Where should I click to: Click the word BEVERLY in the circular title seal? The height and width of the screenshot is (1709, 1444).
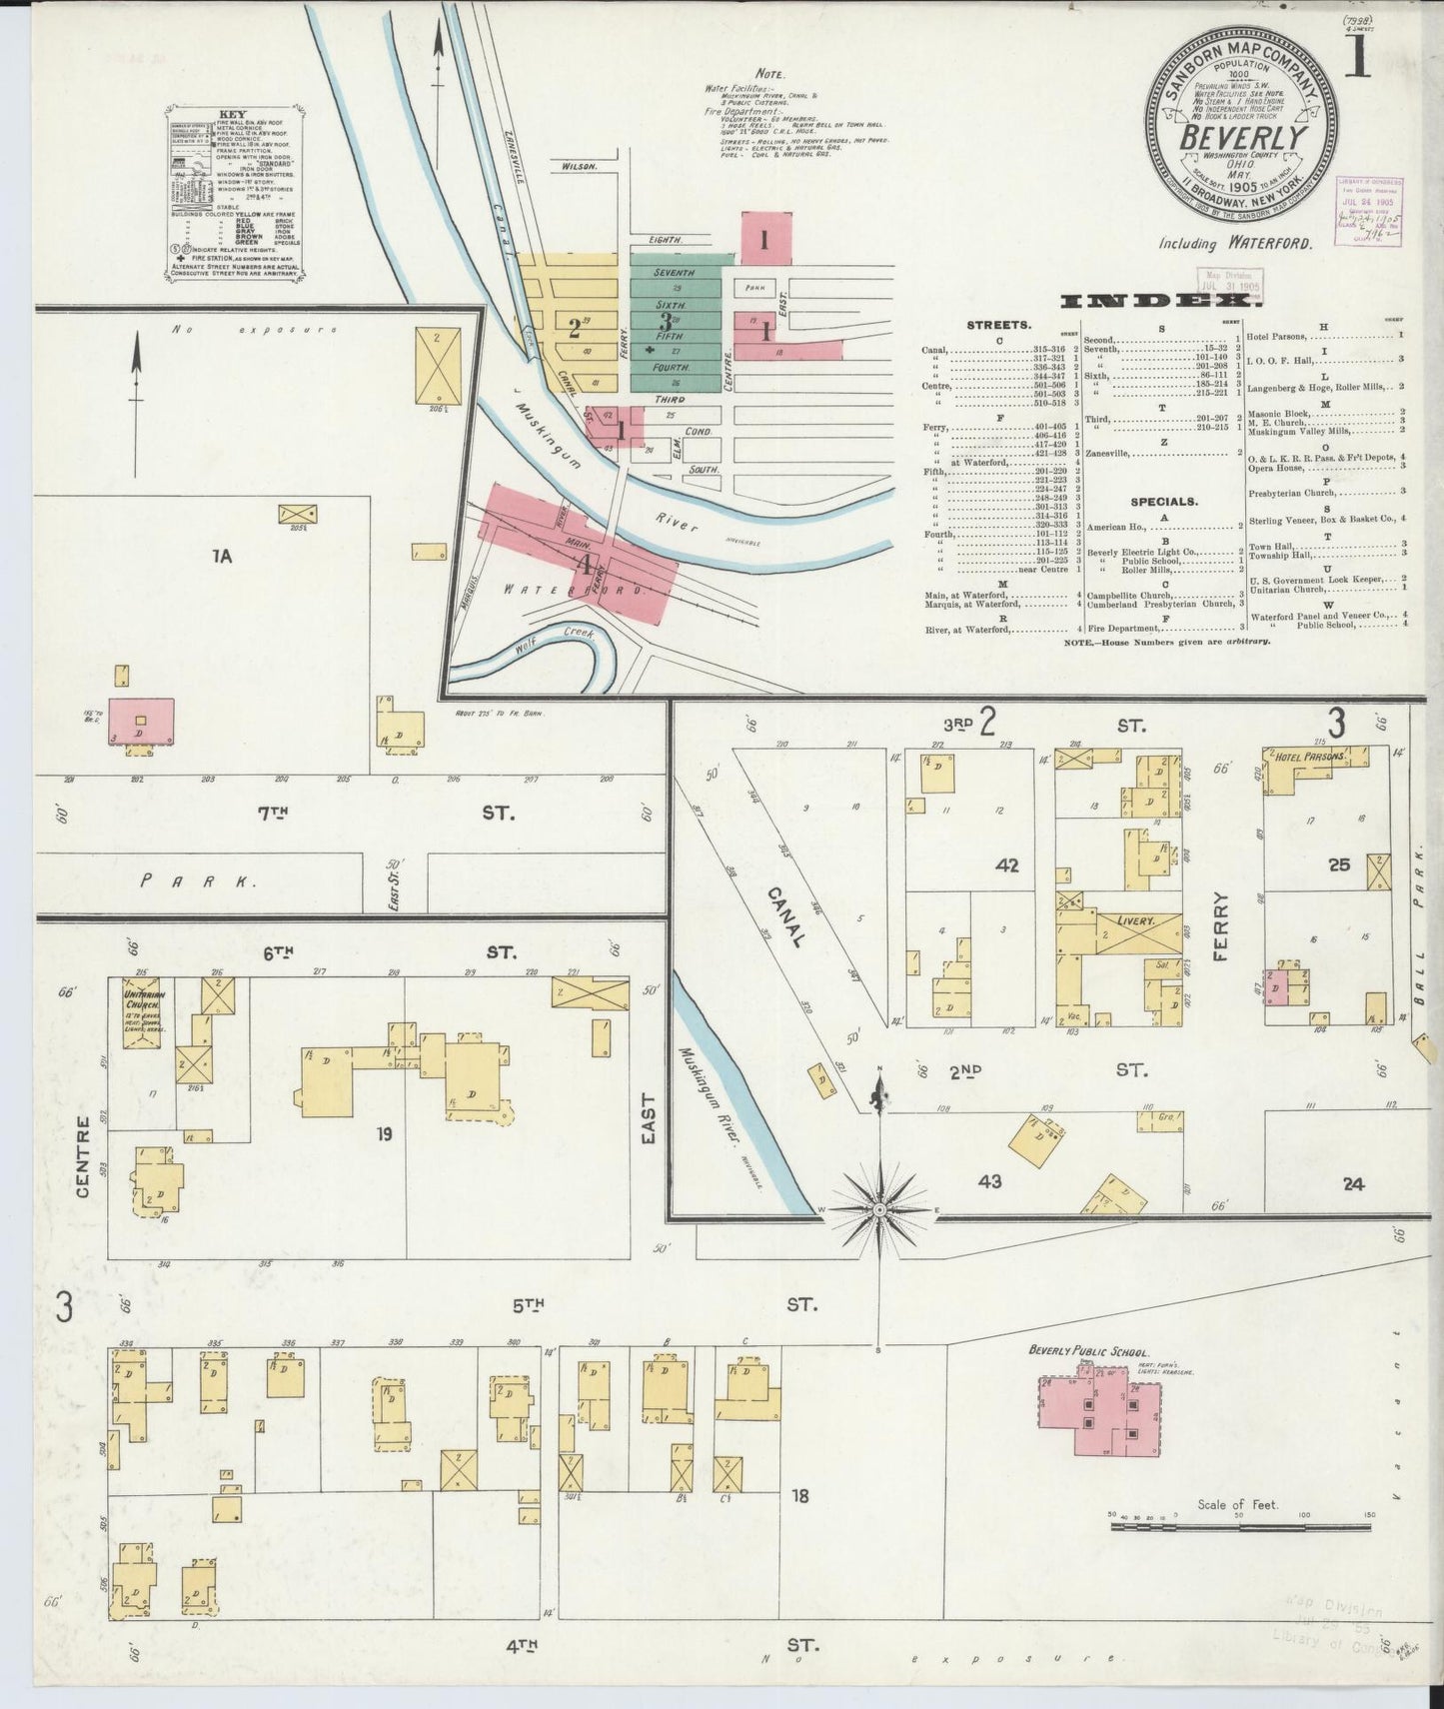pyautogui.click(x=1242, y=137)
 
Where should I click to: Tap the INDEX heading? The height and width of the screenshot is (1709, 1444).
pyautogui.click(x=1162, y=300)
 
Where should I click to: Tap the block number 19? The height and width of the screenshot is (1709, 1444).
pyautogui.click(x=384, y=1133)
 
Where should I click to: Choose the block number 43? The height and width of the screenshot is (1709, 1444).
pyautogui.click(x=989, y=1182)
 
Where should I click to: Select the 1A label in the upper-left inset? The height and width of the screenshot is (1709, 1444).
pyautogui.click(x=221, y=557)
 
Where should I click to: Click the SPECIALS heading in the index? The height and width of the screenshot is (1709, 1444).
pyautogui.click(x=1164, y=501)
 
